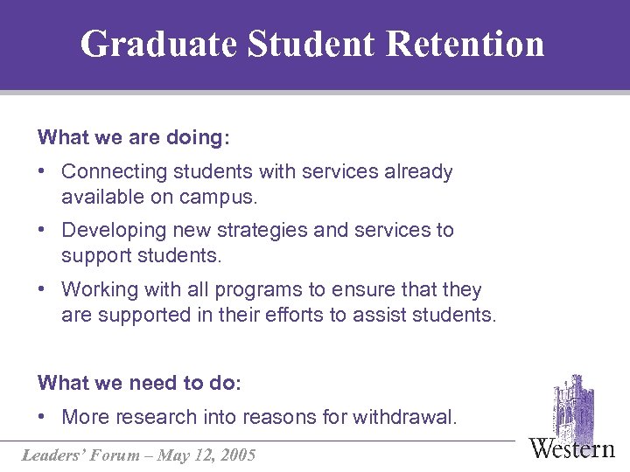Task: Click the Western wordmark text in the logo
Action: coord(571,448)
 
